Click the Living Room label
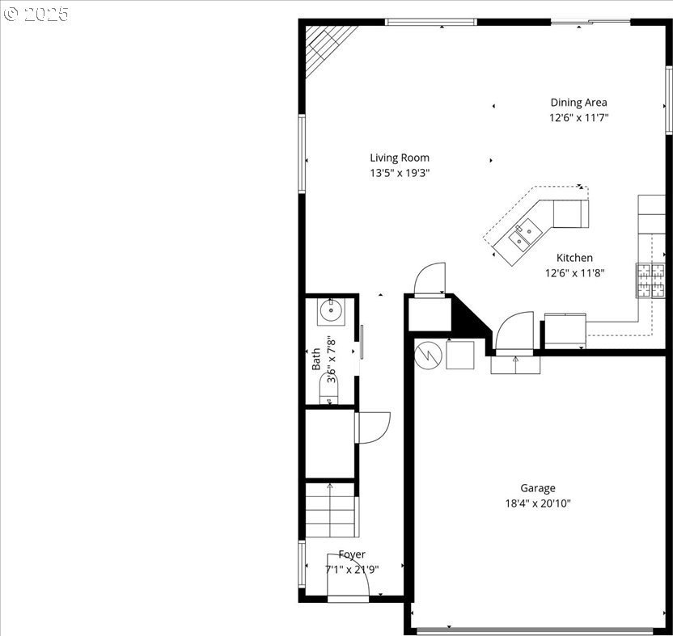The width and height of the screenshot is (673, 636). tap(400, 158)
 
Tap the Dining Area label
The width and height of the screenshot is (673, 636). tap(578, 103)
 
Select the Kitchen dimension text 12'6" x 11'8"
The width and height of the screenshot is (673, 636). tap(574, 273)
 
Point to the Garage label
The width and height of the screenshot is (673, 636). tap(538, 488)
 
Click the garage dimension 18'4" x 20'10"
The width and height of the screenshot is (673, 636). tap(538, 503)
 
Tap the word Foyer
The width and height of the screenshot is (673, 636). tap(352, 554)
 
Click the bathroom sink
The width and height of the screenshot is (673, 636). tap(331, 312)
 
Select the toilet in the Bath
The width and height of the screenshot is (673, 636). tap(328, 389)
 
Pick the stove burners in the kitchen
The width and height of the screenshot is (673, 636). tap(650, 280)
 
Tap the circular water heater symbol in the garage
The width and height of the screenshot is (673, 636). tap(428, 355)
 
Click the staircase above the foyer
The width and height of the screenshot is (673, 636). tap(331, 510)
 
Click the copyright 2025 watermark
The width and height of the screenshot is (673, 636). tap(36, 15)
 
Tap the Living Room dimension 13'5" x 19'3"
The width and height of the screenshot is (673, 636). tap(400, 173)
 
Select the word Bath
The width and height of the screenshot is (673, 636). tap(316, 360)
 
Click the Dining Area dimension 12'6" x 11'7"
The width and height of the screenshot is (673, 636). tap(579, 117)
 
